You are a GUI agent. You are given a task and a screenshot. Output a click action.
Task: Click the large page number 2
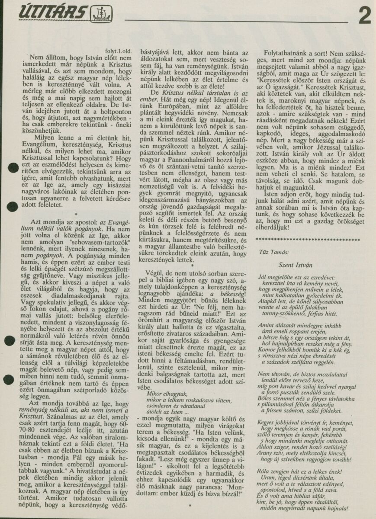[364, 16]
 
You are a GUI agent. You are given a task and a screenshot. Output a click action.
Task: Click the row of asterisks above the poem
[308, 239]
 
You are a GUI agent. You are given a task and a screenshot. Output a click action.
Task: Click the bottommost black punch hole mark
[9, 380]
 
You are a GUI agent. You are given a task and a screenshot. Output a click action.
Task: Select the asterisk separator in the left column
[76, 214]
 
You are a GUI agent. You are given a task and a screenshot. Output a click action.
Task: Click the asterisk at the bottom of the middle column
[190, 505]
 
